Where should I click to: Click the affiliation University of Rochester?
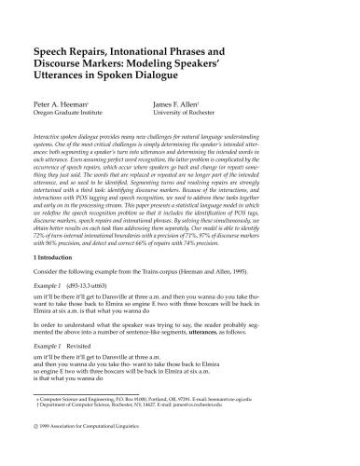pyautogui.click(x=183, y=116)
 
